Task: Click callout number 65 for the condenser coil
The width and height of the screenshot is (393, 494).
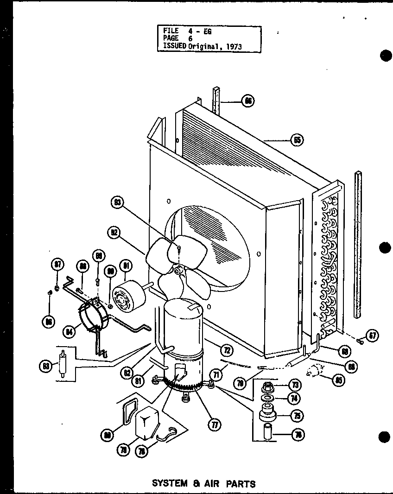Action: pos(297,140)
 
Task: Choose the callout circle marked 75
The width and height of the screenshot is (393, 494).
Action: pos(295,416)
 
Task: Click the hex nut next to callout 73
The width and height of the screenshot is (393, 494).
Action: pos(268,386)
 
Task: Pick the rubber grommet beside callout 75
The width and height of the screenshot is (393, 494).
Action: pos(268,412)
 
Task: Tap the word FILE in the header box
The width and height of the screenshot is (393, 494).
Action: pos(171,31)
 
